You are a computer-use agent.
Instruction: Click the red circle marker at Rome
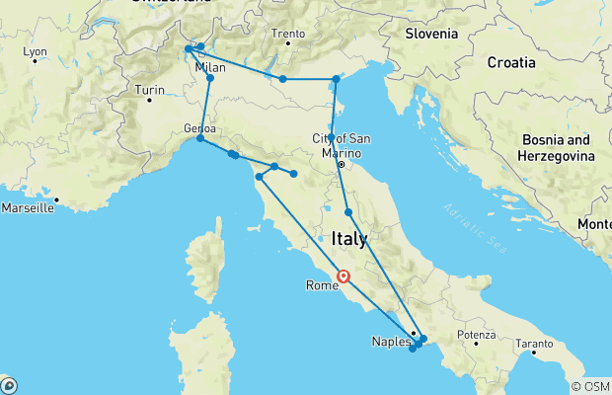click(x=344, y=277)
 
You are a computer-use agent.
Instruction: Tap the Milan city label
click(x=209, y=67)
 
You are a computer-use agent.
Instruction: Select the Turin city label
click(x=150, y=91)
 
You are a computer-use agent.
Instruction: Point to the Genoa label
click(x=199, y=128)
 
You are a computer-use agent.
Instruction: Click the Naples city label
click(x=390, y=342)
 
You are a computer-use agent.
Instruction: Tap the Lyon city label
click(x=36, y=51)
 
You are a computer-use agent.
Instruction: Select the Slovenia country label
click(x=431, y=34)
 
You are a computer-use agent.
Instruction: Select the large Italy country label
click(x=349, y=239)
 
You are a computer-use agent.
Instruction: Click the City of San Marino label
click(x=341, y=145)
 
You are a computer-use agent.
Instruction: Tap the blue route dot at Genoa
click(x=200, y=138)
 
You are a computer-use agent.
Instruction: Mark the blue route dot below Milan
click(x=210, y=78)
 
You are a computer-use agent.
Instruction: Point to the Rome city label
click(x=323, y=285)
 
